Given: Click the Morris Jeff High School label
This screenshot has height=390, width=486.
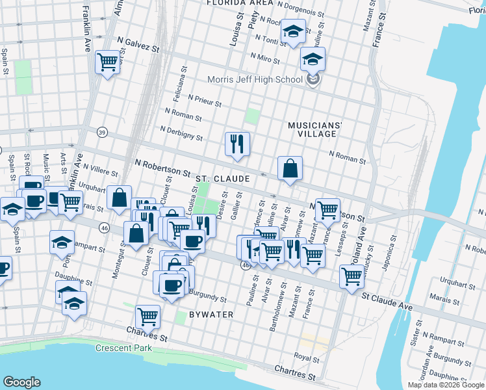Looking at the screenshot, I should coord(255,79).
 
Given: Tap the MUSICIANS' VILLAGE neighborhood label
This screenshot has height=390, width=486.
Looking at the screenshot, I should coord(313,129).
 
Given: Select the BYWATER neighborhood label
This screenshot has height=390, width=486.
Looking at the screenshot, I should coord(211,315).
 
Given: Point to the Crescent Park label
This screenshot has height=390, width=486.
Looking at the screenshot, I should coord(123,348).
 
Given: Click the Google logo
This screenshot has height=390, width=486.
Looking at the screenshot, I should coord(21,382).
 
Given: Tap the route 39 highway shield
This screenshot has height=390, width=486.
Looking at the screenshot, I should coord(102,132).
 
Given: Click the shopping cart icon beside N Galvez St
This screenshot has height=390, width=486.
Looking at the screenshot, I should coord(107,63).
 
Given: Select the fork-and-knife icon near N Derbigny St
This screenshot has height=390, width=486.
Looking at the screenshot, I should coord(237,144).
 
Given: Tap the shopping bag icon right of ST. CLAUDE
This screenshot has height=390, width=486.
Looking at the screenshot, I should coord(290,168).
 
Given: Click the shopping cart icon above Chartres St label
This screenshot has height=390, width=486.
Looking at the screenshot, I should coord(148,317).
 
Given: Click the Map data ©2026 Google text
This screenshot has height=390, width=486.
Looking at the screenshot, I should coord(445,385).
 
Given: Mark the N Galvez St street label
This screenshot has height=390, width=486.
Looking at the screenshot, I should coord(138,47).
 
